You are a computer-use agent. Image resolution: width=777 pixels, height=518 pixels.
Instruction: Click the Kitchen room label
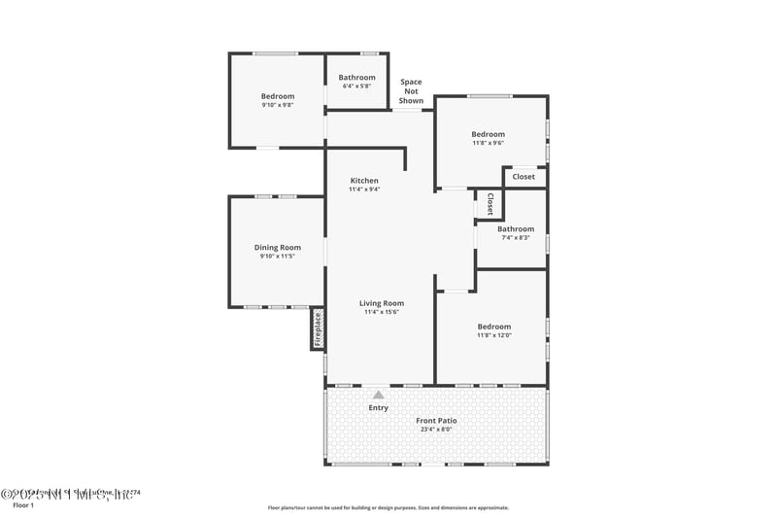[364, 181]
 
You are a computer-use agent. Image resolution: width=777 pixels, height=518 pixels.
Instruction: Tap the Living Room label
[382, 303]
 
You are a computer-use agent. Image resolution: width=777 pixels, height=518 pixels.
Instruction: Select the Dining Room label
[278, 248]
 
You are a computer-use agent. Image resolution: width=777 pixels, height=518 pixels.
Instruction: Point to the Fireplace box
[317, 328]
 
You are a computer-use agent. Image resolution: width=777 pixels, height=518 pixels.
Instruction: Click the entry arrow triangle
[378, 395]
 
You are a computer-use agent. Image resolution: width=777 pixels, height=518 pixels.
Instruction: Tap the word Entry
[378, 407]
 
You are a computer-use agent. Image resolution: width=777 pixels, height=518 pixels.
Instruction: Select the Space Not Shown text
[411, 91]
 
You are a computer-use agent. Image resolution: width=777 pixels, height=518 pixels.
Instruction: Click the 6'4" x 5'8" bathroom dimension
[356, 86]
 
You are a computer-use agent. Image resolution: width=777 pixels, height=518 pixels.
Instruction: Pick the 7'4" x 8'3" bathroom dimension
[516, 237]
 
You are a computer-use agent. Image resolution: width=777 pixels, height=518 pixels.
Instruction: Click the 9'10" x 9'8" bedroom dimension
[277, 105]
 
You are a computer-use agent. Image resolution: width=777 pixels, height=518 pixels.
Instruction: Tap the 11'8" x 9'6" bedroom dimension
[488, 143]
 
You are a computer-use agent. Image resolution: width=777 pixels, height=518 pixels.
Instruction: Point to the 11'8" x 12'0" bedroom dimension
[493, 335]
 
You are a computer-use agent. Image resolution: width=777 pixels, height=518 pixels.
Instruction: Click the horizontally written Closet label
[524, 177]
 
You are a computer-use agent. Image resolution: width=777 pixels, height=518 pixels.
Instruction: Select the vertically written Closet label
[490, 204]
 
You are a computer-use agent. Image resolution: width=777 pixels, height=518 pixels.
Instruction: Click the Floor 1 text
[22, 505]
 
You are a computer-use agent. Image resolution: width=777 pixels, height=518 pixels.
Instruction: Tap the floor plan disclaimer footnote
[388, 507]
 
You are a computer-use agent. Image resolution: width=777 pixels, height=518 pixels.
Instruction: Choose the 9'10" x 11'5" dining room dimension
[278, 257]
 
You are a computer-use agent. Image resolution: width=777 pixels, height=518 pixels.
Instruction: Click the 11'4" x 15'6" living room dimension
[382, 312]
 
